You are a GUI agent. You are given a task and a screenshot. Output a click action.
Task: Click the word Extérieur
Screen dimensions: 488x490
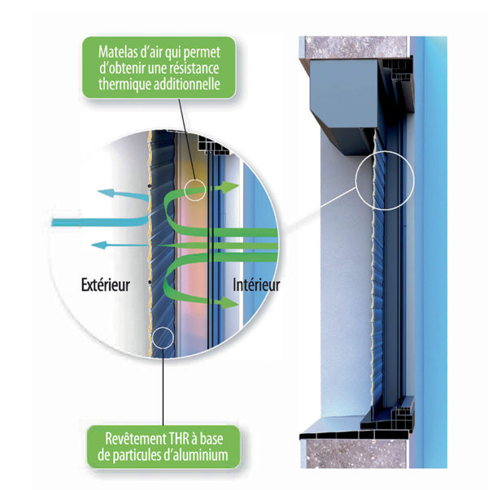[x=106, y=284]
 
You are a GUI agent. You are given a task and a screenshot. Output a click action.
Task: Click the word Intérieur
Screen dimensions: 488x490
[x=256, y=284]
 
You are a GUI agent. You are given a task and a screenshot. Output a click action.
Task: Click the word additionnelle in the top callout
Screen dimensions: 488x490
[x=187, y=84]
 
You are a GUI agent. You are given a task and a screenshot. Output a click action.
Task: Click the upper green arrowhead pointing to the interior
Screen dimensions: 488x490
[x=231, y=187]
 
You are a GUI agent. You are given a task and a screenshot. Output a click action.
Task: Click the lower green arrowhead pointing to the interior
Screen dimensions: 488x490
[x=230, y=302]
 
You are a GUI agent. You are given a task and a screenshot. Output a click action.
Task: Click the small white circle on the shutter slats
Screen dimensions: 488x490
[x=163, y=338]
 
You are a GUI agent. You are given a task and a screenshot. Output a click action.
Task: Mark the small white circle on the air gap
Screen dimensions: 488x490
[x=195, y=190]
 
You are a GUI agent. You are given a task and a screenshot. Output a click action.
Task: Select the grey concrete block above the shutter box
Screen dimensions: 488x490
[x=356, y=47]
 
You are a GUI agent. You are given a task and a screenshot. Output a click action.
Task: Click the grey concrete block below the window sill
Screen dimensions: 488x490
[x=355, y=453]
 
